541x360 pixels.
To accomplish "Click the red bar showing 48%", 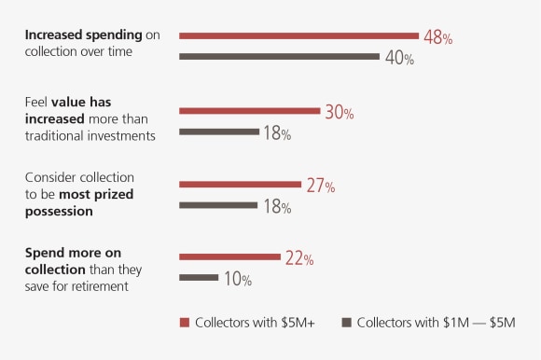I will [x=298, y=35].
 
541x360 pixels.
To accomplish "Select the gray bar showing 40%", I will [x=279, y=56].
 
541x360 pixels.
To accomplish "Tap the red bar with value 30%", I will [x=249, y=110].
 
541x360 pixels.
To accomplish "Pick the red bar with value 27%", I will [x=240, y=184].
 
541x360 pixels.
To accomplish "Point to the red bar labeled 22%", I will [x=229, y=256].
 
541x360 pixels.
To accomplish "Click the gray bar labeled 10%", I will [x=198, y=277].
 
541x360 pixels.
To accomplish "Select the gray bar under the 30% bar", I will [x=219, y=132].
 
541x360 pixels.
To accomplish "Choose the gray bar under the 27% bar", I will [x=218, y=204].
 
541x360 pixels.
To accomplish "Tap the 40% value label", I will [x=398, y=58].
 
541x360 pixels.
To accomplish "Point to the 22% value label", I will [x=298, y=258].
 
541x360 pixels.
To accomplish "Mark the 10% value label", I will [x=236, y=279].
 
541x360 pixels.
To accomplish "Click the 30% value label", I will [x=338, y=112].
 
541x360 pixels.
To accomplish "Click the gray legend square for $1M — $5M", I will [x=346, y=323].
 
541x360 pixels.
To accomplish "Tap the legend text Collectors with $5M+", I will [x=253, y=323].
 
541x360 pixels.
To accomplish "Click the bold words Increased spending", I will [x=83, y=35].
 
